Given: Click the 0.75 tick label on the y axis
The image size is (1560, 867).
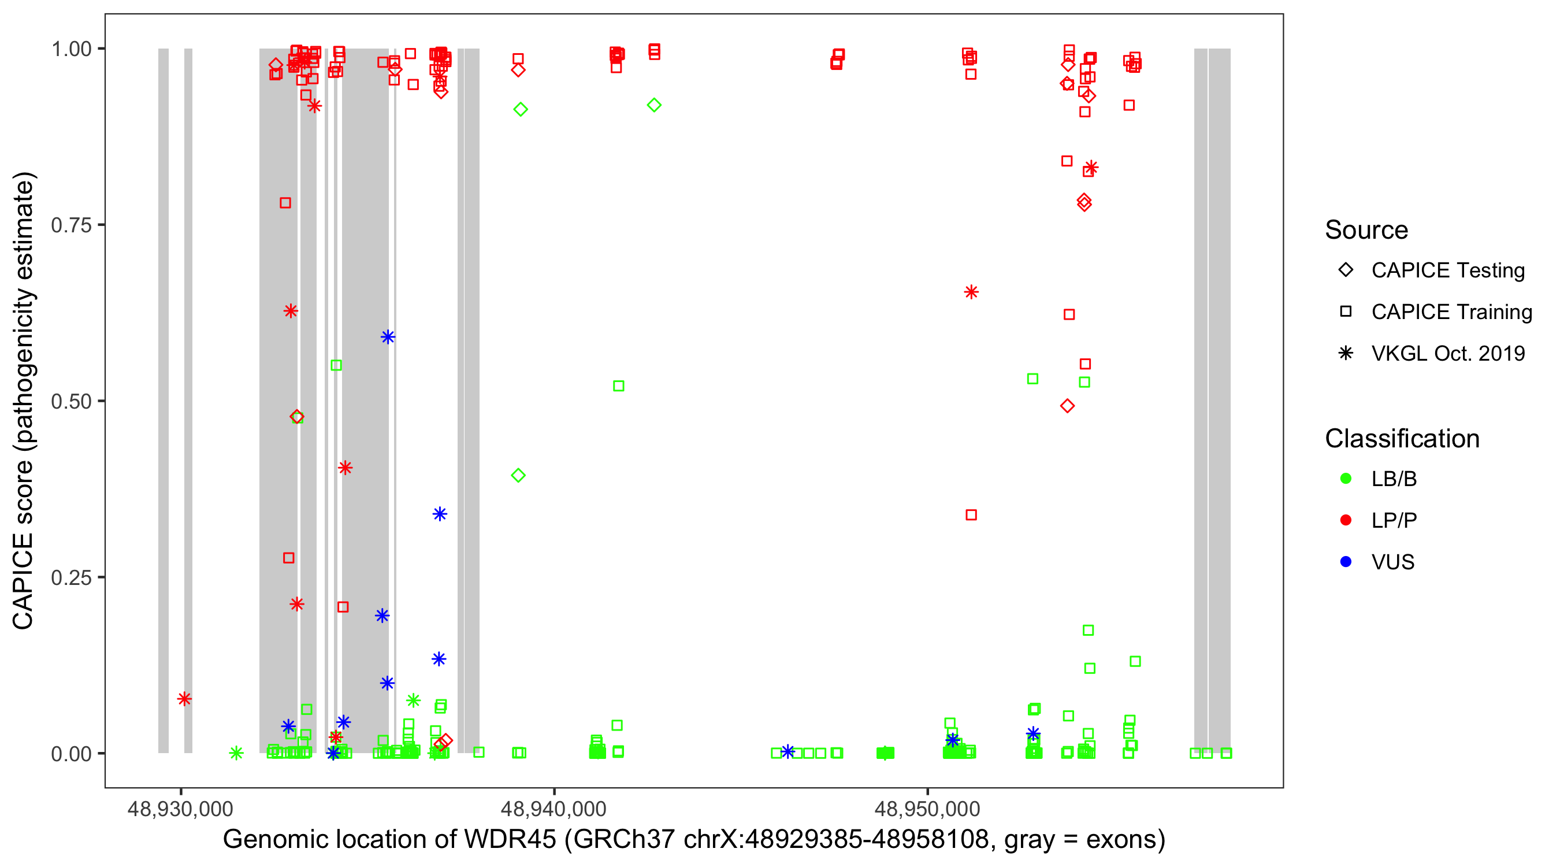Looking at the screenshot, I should [71, 225].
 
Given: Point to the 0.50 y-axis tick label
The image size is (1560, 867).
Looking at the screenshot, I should [71, 402].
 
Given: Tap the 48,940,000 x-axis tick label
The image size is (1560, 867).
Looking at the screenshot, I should [554, 809].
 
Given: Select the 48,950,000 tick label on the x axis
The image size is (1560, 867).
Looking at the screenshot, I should [927, 809].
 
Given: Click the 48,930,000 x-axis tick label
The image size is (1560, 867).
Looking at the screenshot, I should [180, 809].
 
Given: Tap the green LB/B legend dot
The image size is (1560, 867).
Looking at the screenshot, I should [1346, 479].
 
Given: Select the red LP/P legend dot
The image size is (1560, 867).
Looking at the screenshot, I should [1346, 520].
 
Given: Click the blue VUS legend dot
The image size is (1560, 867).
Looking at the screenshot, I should [1346, 562].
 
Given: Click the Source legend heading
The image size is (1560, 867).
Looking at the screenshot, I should [1366, 230].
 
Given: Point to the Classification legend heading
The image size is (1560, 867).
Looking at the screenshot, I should [1402, 439].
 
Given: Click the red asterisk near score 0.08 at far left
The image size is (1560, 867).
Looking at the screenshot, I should [185, 699].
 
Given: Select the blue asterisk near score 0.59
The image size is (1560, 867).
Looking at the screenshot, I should [388, 337].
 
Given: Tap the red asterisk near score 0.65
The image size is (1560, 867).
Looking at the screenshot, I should [971, 292].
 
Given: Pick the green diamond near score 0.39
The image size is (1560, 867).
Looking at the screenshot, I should [518, 476].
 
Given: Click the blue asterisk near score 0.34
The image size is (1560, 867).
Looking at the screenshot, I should [440, 514].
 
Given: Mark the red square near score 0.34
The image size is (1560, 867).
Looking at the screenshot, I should [971, 515].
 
